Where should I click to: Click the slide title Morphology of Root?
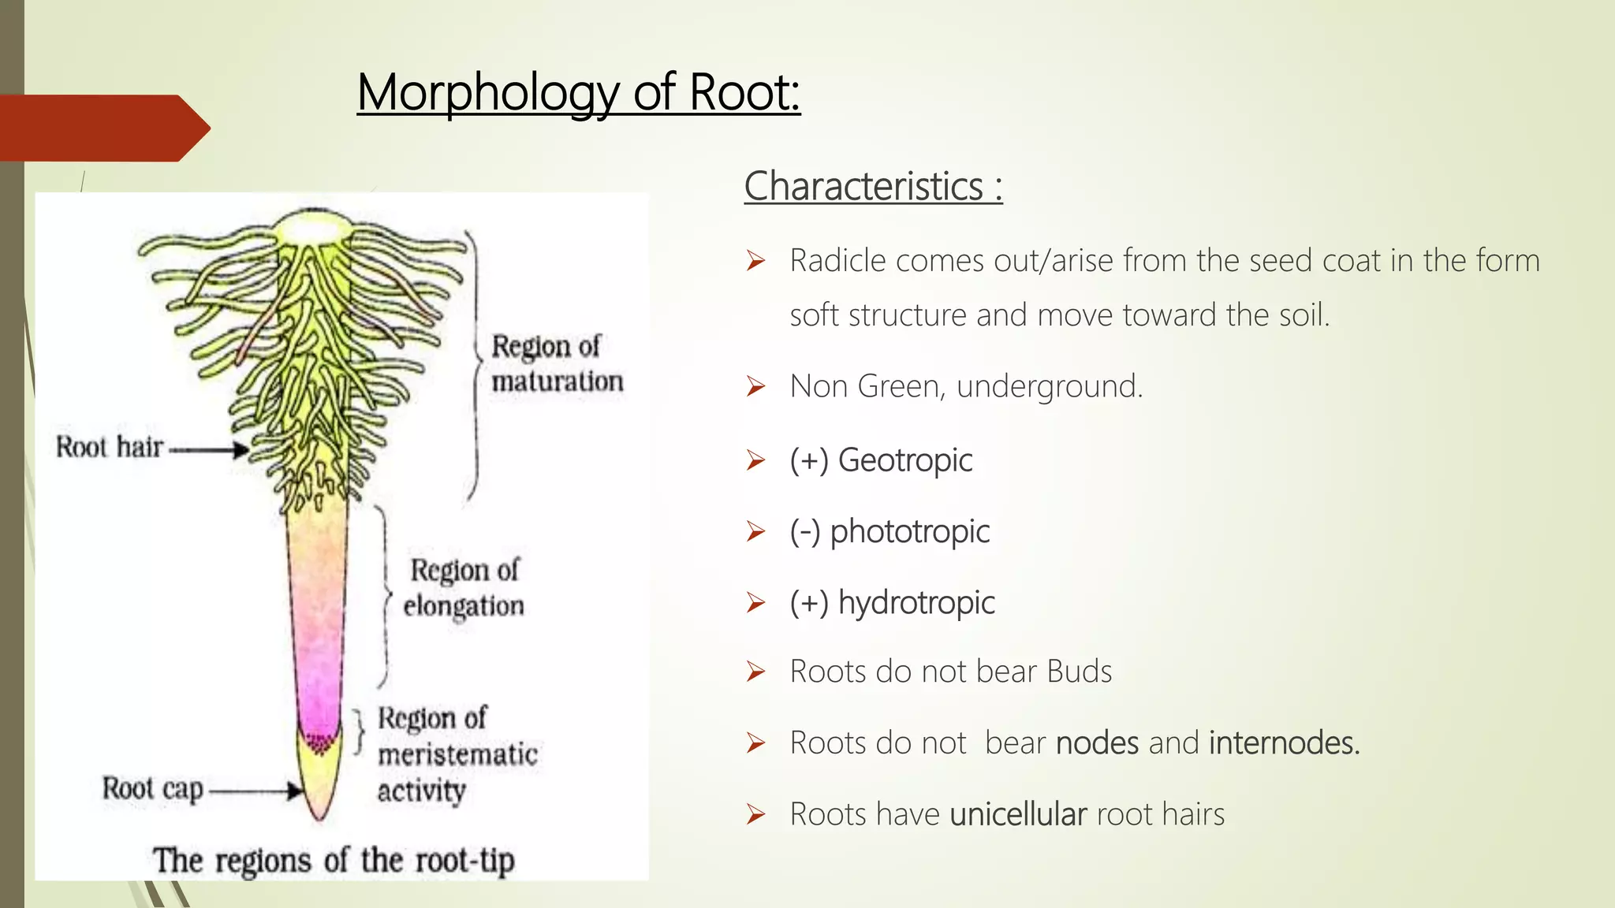click(578, 93)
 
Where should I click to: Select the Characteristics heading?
click(872, 187)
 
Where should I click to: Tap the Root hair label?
click(110, 447)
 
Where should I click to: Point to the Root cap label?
click(153, 788)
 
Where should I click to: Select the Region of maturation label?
click(556, 363)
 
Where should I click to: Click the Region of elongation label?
click(464, 587)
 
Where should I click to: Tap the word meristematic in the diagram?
click(457, 754)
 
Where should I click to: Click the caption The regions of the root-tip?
click(334, 860)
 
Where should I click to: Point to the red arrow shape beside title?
click(103, 128)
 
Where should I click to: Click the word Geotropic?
click(904, 460)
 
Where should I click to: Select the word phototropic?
click(909, 532)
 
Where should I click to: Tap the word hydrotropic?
click(916, 603)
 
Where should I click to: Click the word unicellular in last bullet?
click(1018, 814)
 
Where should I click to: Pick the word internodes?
click(1284, 743)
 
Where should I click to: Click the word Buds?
click(1079, 672)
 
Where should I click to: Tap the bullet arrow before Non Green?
click(755, 387)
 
